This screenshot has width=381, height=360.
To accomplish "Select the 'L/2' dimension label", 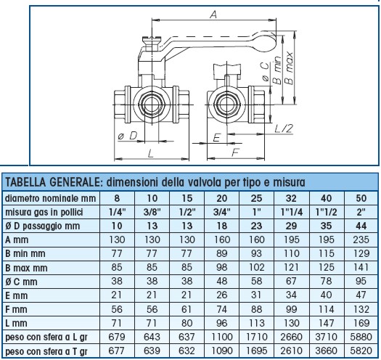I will click(x=284, y=128).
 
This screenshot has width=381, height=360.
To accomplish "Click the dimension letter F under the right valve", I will click(x=235, y=152).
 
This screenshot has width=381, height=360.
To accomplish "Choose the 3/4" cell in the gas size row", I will click(x=221, y=211).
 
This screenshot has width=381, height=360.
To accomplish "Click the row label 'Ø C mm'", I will click(x=22, y=282).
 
